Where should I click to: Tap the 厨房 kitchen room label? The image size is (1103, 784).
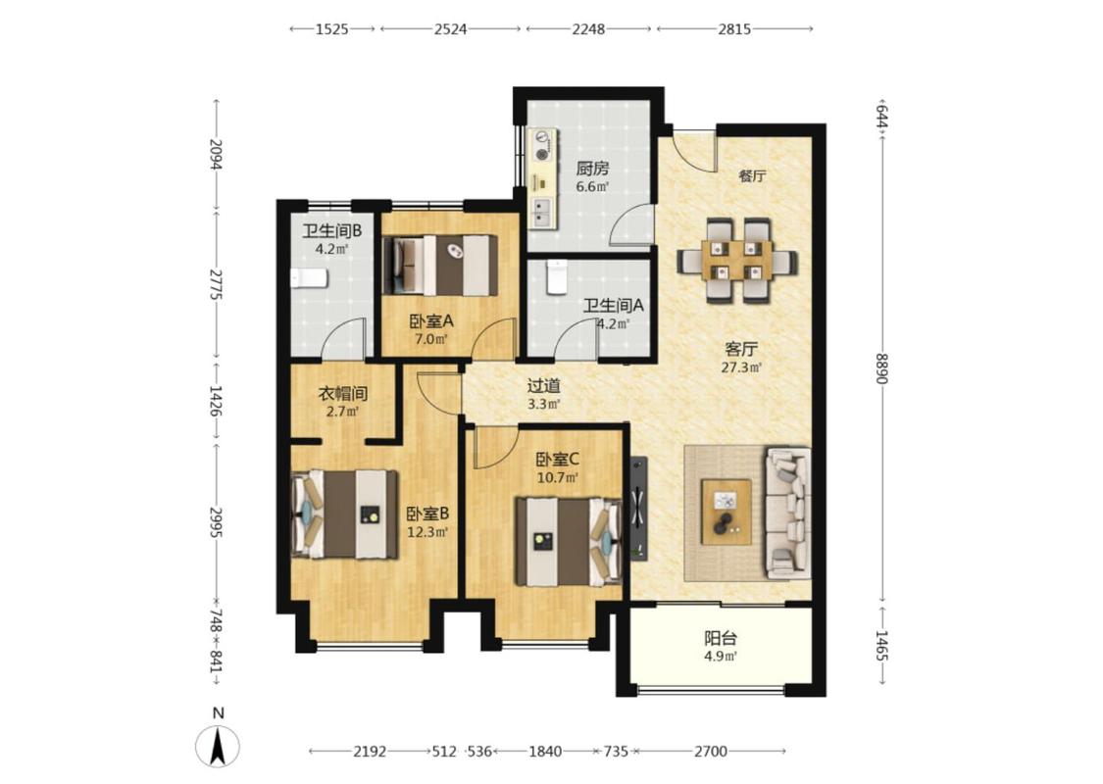[x=592, y=169]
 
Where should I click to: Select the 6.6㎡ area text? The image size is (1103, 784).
[x=592, y=187]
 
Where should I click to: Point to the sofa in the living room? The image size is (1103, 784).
[x=788, y=513]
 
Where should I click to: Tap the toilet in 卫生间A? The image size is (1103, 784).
[x=557, y=276]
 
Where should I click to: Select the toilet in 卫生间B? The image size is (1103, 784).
[x=309, y=277]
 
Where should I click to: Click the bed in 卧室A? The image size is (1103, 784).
[x=439, y=266]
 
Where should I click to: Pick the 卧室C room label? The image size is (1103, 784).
[x=558, y=460]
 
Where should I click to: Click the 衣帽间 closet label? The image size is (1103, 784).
[x=342, y=394]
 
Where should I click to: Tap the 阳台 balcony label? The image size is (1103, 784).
[x=721, y=638]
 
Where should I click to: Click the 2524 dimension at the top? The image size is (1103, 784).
[x=450, y=28]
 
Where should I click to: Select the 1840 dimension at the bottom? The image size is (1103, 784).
[x=545, y=752]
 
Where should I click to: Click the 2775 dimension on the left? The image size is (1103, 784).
[x=216, y=284]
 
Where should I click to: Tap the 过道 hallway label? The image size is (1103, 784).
[x=544, y=385]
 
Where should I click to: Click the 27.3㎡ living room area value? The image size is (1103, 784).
[x=741, y=367]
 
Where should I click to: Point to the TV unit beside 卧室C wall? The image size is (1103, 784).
[x=638, y=509]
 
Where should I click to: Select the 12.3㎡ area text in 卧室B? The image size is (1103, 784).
[x=427, y=531]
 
